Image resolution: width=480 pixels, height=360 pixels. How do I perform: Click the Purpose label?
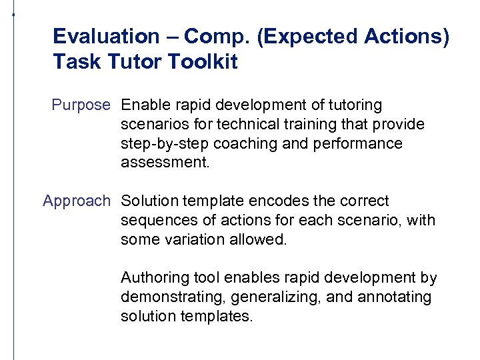tap(81, 105)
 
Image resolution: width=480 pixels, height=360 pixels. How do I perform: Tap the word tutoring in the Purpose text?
tap(355, 105)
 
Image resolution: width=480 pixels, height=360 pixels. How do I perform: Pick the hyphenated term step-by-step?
tap(161, 144)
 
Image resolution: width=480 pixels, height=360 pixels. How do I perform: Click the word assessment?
tap(165, 163)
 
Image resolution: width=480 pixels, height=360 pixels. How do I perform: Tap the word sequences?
tap(152, 220)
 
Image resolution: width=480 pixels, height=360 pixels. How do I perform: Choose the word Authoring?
tap(151, 277)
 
